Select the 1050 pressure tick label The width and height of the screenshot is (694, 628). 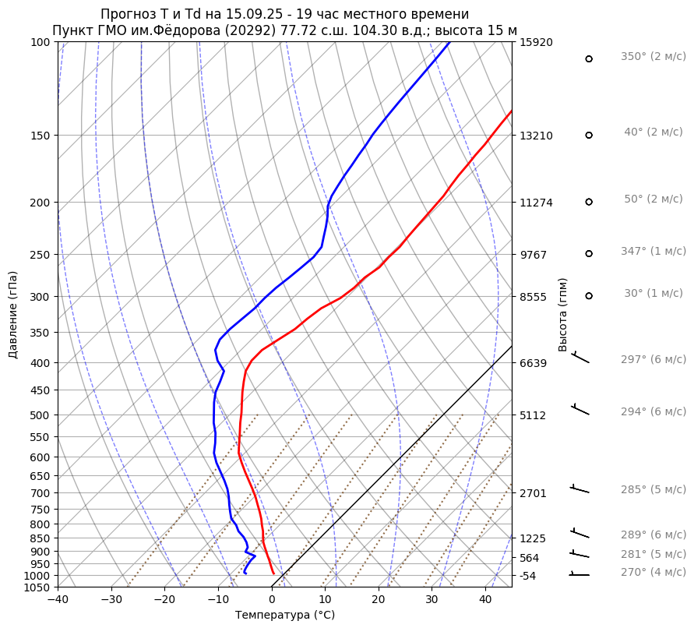coord(39,587)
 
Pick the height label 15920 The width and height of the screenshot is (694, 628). coord(536,42)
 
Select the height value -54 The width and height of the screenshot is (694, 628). coord(529,576)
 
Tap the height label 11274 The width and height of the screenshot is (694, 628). coord(536,203)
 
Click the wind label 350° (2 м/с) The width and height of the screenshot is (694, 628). coord(653,57)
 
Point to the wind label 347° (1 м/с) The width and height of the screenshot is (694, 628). coord(653,252)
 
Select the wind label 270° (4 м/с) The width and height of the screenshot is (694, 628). coord(653,573)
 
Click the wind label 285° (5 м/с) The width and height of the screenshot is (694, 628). coord(653,490)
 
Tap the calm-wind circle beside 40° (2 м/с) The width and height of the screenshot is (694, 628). coord(589,135)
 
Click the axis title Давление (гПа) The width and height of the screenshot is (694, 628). coord(13,315)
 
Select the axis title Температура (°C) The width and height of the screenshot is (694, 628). coord(285,616)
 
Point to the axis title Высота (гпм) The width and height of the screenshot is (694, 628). coord(563,315)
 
